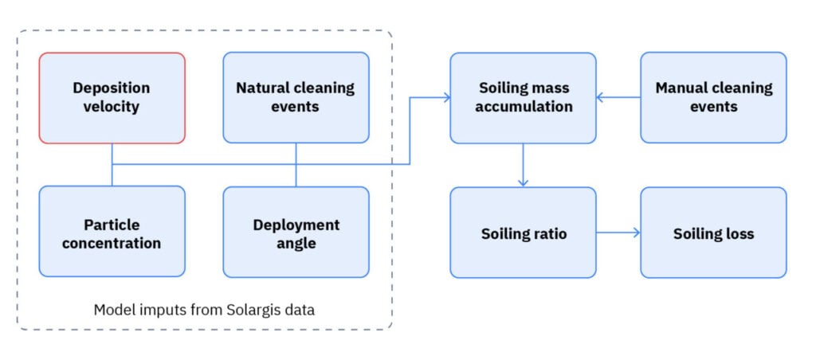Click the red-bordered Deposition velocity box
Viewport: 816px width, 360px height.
tap(112, 98)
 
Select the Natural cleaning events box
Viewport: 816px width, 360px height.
tap(296, 98)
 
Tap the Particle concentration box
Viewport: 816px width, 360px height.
tap(112, 232)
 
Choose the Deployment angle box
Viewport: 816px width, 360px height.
tap(296, 232)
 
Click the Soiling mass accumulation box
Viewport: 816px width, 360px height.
tap(523, 98)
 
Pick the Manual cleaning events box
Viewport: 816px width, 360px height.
tap(713, 98)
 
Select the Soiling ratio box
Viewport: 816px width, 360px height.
tap(523, 233)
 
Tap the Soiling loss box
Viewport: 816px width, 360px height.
tap(713, 233)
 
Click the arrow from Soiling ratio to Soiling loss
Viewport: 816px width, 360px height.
tap(618, 233)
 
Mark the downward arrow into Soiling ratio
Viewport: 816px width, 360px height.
tap(523, 180)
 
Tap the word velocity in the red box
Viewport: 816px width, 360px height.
tap(112, 107)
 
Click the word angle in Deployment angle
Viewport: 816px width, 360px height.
tap(296, 243)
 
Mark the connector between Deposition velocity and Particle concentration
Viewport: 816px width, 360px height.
tap(112, 165)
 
